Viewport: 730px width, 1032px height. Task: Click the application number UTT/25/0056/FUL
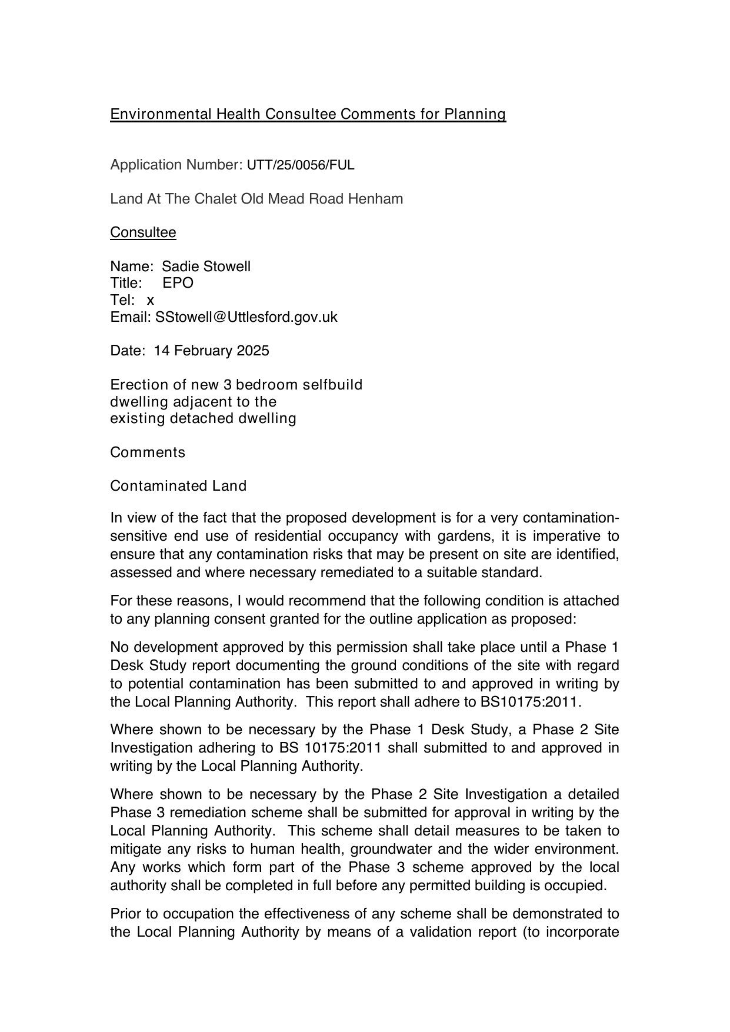point(300,165)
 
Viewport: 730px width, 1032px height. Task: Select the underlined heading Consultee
point(143,232)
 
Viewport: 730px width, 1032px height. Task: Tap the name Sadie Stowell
point(206,267)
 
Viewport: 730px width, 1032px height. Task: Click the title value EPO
point(178,283)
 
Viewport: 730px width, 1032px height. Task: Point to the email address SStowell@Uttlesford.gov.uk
point(246,317)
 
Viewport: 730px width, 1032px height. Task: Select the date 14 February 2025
point(211,351)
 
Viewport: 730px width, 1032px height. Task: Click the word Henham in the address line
point(375,199)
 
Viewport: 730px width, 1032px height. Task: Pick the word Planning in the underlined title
point(475,114)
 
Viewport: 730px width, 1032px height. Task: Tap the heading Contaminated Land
point(178,486)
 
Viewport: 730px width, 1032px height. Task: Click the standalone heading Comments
point(148,452)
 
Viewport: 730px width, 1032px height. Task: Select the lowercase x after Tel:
point(151,300)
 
